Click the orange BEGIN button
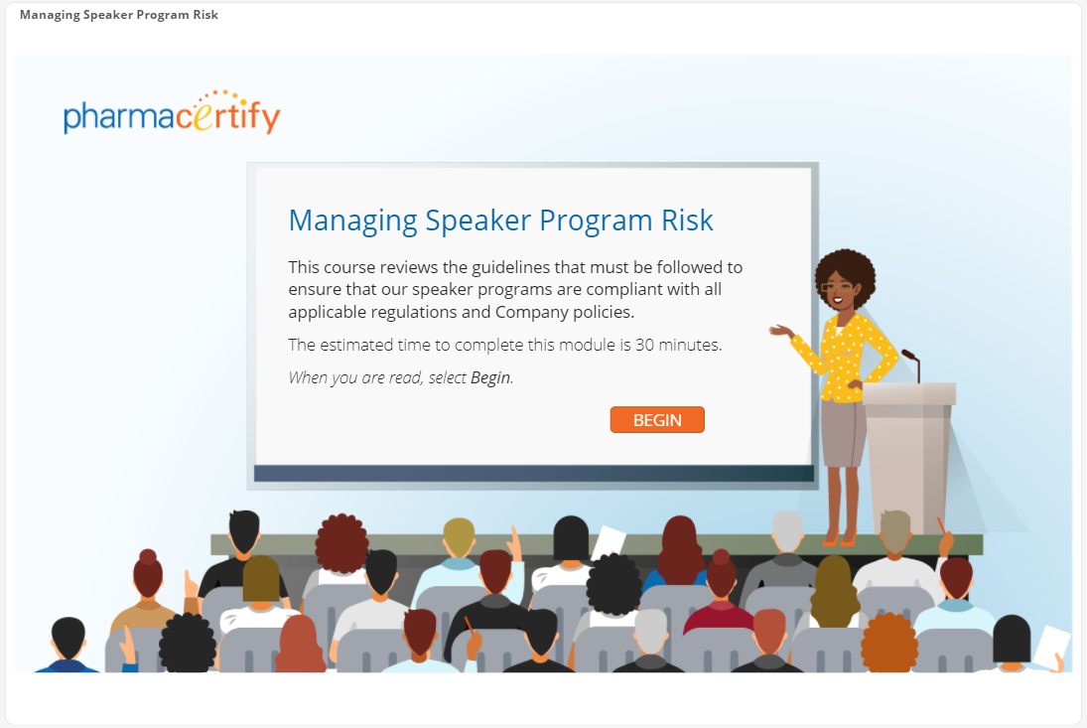657,419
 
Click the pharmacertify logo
172,112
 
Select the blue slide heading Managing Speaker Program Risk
500,220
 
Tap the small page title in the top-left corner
118,15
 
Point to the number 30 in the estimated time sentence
644,345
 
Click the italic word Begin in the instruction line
490,377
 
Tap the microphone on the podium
911,364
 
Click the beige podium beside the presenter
908,458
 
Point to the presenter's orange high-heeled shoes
839,537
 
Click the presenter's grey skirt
843,433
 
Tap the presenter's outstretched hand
780,330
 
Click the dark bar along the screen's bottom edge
534,473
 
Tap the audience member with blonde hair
459,538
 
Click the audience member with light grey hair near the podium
787,531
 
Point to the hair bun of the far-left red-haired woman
148,557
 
